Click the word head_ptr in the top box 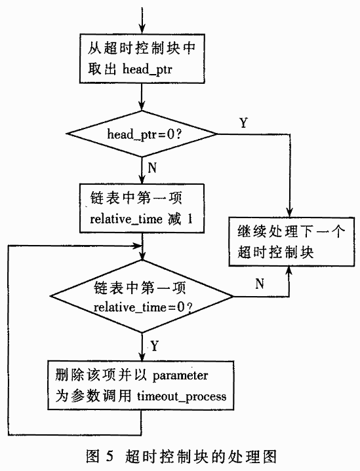(147, 70)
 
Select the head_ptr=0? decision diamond (142, 134)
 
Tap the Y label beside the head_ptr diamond (243, 122)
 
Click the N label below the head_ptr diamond (152, 168)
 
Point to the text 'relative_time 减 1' (141, 219)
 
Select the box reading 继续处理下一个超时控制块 (291, 242)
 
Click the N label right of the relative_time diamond (260, 284)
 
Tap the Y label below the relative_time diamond (154, 346)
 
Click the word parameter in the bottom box (180, 376)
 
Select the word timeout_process (182, 397)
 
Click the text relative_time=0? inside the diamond (143, 307)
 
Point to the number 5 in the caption (109, 456)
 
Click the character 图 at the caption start (92, 456)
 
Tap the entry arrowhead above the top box (142, 28)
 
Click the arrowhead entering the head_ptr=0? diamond (142, 105)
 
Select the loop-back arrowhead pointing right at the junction (137, 246)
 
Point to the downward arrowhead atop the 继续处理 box (290, 212)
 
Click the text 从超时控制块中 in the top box (142, 48)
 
